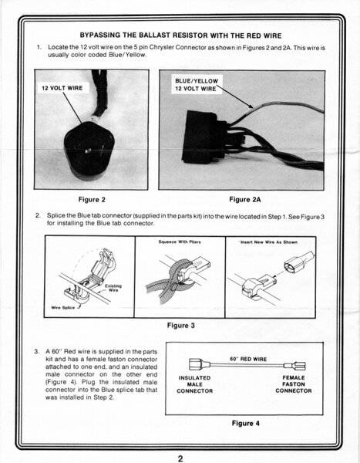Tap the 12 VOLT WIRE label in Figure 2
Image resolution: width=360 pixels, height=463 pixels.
pyautogui.click(x=62, y=88)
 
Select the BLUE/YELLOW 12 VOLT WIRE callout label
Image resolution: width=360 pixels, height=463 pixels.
pyautogui.click(x=197, y=85)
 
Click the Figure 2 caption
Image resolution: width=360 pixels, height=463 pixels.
pyautogui.click(x=92, y=200)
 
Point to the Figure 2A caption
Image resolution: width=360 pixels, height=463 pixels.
pyautogui.click(x=245, y=200)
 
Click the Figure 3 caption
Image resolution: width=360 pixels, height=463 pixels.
pyautogui.click(x=181, y=326)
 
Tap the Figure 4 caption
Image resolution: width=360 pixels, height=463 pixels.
pyautogui.click(x=245, y=423)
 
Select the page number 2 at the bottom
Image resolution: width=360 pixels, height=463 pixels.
pyautogui.click(x=180, y=458)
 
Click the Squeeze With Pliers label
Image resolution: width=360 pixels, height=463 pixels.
pyautogui.click(x=180, y=242)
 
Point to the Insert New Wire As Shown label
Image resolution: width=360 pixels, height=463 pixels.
pyautogui.click(x=269, y=242)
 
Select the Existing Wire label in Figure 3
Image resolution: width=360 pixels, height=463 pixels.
pyautogui.click(x=113, y=288)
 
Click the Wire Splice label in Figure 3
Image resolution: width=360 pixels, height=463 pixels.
pyautogui.click(x=63, y=307)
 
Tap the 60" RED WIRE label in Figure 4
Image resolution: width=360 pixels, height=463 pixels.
pyautogui.click(x=248, y=359)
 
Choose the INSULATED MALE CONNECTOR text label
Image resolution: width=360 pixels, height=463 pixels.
pyautogui.click(x=195, y=384)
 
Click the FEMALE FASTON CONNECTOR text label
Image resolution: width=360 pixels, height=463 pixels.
pyautogui.click(x=294, y=384)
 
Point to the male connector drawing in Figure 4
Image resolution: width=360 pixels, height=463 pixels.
pyautogui.click(x=200, y=364)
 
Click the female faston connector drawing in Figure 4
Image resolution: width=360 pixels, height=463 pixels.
pyautogui.click(x=294, y=366)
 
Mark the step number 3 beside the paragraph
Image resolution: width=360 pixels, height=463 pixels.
pyautogui.click(x=36, y=351)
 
